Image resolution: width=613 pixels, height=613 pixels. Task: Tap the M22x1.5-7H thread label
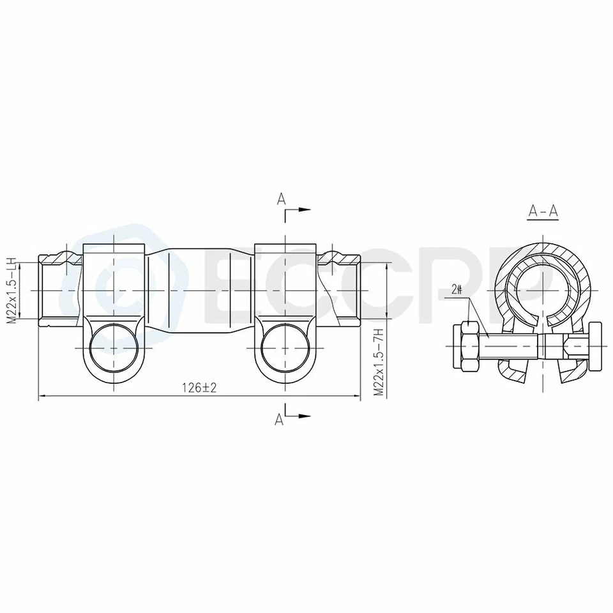pyautogui.click(x=378, y=363)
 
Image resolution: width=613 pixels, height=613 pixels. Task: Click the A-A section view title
pyautogui.click(x=543, y=211)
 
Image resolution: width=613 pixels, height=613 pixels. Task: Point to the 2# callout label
pyautogui.click(x=457, y=289)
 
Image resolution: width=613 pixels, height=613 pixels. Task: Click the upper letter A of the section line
pyautogui.click(x=280, y=199)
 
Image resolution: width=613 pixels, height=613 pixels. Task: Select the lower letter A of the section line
pyautogui.click(x=279, y=419)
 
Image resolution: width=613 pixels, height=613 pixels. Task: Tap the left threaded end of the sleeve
pyautogui.click(x=59, y=291)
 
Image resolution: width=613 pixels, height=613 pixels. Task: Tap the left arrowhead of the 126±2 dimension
pyautogui.click(x=42, y=396)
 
